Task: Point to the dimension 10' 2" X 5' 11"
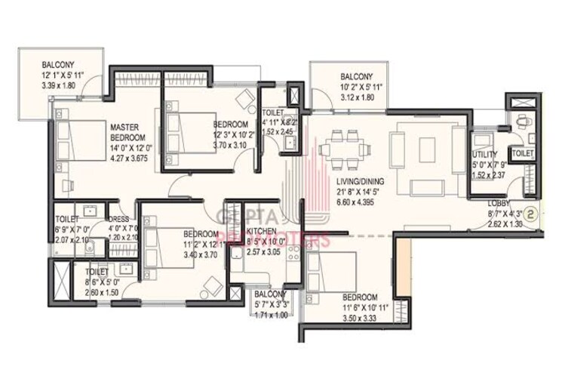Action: pos(357,88)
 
